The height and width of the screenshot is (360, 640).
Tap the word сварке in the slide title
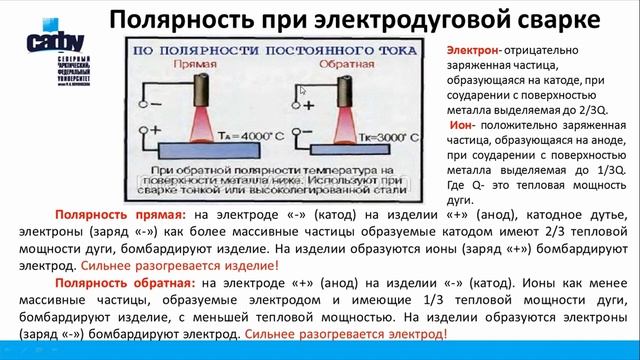click(546, 20)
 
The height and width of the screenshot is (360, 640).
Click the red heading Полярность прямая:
click(120, 214)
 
